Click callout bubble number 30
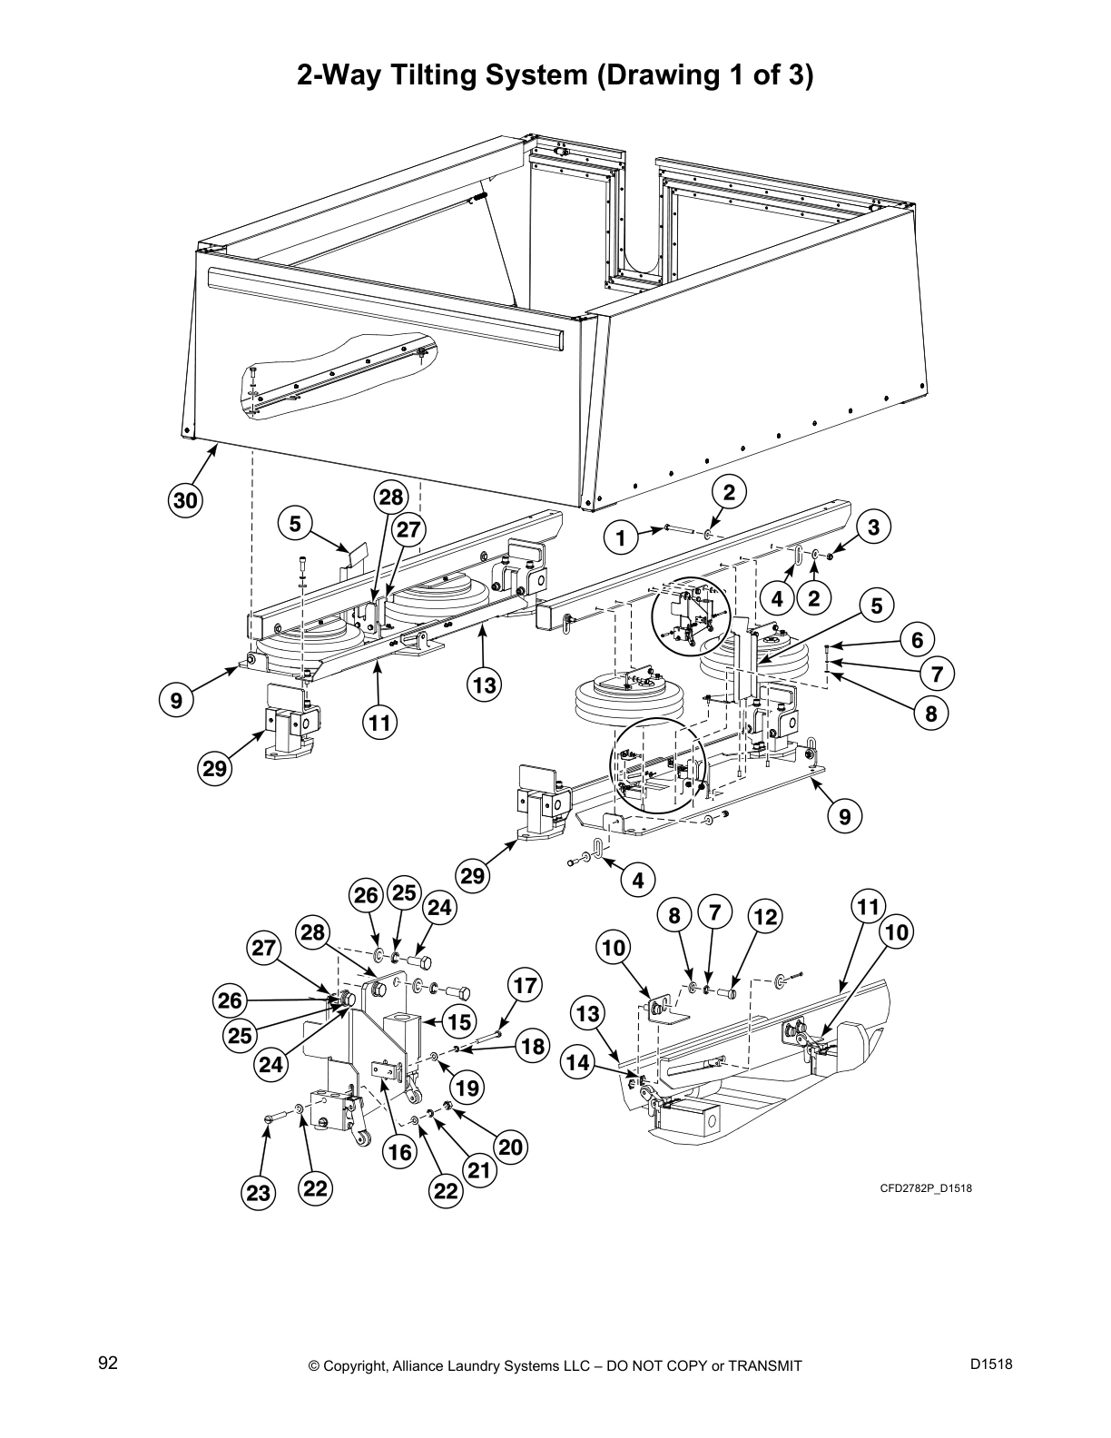185,500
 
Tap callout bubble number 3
873,527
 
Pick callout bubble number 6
917,640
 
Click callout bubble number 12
765,917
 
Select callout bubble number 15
460,1021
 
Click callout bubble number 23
259,1193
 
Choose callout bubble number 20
510,1147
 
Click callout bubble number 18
533,1047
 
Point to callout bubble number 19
468,1087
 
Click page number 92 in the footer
108,1363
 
